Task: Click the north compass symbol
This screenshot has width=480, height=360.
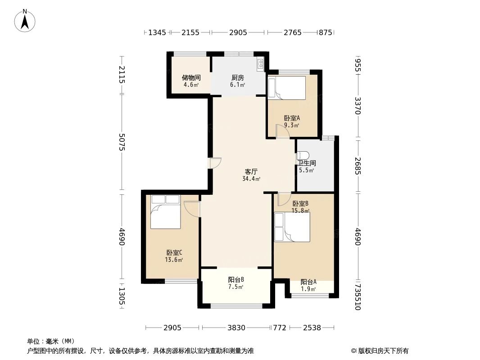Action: (26, 20)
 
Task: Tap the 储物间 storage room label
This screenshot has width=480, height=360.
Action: (191, 77)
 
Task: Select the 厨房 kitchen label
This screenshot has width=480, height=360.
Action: (238, 77)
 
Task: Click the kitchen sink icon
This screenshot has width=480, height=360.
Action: (260, 64)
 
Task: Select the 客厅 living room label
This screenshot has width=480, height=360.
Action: (251, 171)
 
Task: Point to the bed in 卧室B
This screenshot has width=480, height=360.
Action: (291, 226)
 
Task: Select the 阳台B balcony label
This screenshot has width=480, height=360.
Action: (236, 279)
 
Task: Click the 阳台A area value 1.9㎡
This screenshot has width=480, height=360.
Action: (308, 289)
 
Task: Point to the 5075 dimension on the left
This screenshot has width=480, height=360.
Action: (122, 142)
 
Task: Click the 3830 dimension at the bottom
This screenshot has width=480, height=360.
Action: (236, 328)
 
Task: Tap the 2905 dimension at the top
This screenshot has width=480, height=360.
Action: (238, 32)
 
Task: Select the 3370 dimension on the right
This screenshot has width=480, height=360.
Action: (358, 106)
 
